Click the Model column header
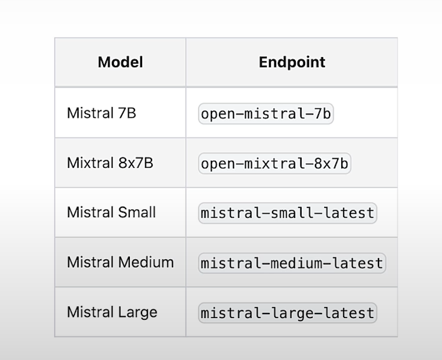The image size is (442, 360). (x=120, y=62)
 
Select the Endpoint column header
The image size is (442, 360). (x=292, y=62)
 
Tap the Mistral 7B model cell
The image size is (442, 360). (x=101, y=112)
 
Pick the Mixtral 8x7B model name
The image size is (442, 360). (x=110, y=163)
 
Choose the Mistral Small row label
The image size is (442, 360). (x=111, y=212)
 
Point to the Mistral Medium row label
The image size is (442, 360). (x=120, y=262)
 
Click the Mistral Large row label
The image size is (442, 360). (x=112, y=312)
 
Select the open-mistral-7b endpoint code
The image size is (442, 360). (x=266, y=114)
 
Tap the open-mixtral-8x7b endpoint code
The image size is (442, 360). (x=274, y=164)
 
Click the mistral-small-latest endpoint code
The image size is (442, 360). (x=287, y=213)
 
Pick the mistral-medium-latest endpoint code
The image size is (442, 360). (x=292, y=263)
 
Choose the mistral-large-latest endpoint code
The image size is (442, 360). (x=287, y=313)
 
